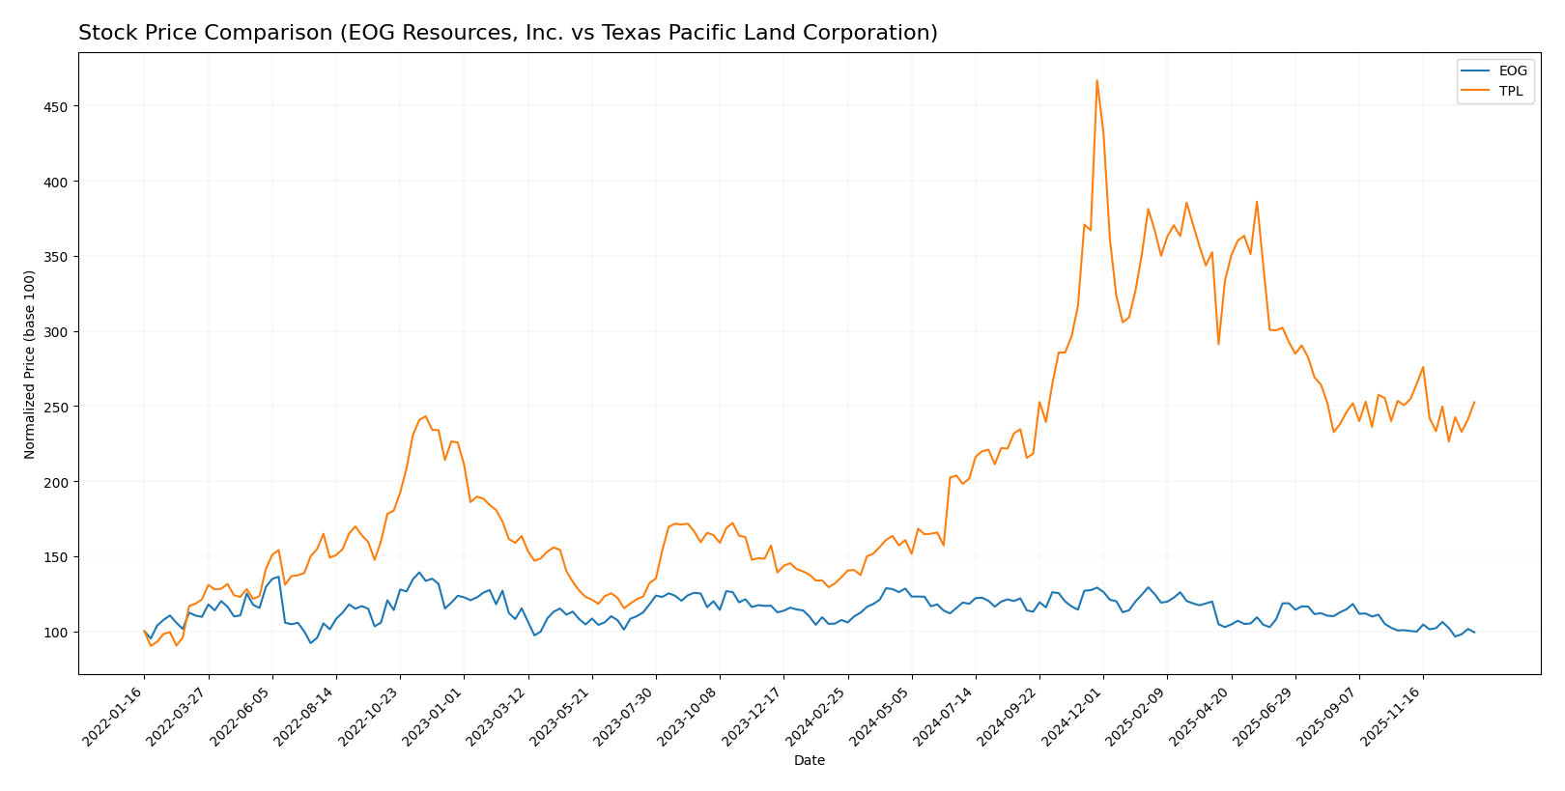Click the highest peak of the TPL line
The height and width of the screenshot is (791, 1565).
point(1096,80)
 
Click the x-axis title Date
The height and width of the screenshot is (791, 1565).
point(809,761)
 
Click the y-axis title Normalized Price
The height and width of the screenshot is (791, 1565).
point(30,364)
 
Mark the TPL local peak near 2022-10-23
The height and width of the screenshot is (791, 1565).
point(425,416)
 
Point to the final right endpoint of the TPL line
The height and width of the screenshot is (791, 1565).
point(1474,402)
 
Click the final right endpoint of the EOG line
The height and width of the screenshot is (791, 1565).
point(1474,633)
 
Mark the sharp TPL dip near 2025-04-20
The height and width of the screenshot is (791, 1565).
point(1218,344)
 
